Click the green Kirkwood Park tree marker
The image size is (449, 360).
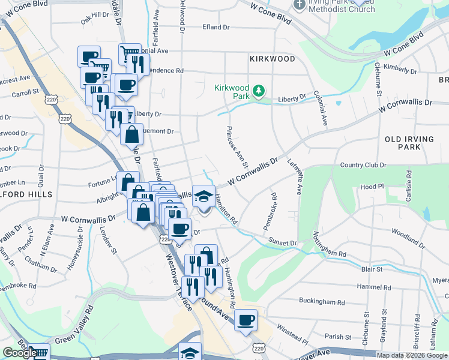tap(259, 91)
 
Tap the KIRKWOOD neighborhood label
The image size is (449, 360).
tap(273, 59)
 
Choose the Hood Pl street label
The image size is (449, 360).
tap(372, 187)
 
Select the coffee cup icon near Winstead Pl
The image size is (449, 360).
tap(246, 320)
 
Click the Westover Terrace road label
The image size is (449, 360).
tap(179, 282)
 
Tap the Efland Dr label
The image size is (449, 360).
tap(216, 27)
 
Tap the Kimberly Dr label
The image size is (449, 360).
tap(399, 68)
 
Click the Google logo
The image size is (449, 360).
tap(19, 353)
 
